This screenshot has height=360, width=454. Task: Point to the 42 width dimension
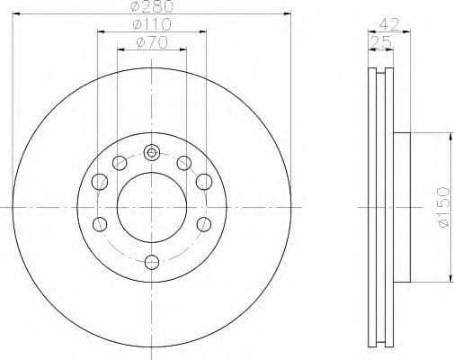(388, 25)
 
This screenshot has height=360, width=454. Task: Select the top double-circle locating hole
(152, 151)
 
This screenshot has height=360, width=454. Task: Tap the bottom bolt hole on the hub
(152, 262)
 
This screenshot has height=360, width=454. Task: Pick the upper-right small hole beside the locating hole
(183, 163)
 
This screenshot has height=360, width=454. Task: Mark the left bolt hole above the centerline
(100, 184)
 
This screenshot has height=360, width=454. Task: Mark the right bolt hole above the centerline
(204, 184)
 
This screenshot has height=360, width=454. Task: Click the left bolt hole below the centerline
(100, 223)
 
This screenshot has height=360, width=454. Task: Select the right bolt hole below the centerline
(204, 223)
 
